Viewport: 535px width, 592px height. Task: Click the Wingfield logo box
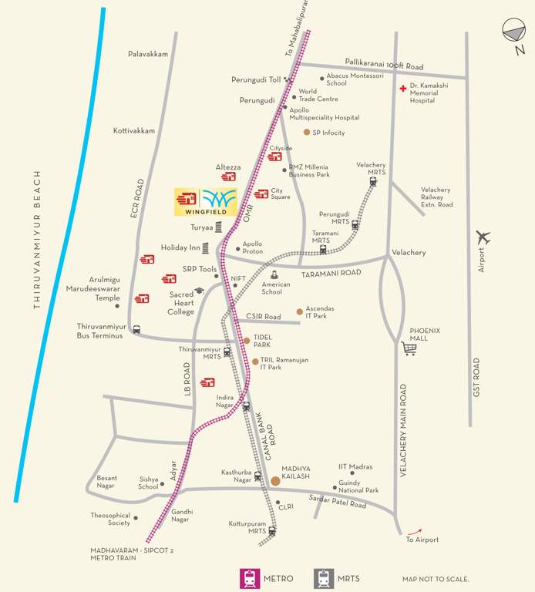click(x=206, y=202)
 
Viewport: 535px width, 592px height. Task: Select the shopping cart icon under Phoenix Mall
click(x=409, y=348)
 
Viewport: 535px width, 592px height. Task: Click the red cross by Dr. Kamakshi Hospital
click(x=402, y=89)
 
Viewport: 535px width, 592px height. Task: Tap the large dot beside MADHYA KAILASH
click(x=275, y=481)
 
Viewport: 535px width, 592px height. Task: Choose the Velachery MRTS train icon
click(x=373, y=182)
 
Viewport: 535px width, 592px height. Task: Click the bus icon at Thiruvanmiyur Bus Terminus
click(x=136, y=329)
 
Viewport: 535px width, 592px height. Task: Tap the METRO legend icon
click(x=249, y=578)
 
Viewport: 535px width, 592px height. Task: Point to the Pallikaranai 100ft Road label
click(x=384, y=67)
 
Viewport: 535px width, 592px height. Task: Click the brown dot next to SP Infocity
click(x=306, y=133)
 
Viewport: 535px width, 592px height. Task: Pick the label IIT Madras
click(x=355, y=466)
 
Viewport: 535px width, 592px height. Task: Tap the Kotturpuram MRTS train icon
click(x=271, y=531)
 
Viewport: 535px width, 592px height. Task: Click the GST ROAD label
click(x=477, y=378)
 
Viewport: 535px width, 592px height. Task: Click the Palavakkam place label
click(x=148, y=54)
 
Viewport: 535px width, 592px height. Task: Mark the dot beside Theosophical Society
click(x=136, y=518)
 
